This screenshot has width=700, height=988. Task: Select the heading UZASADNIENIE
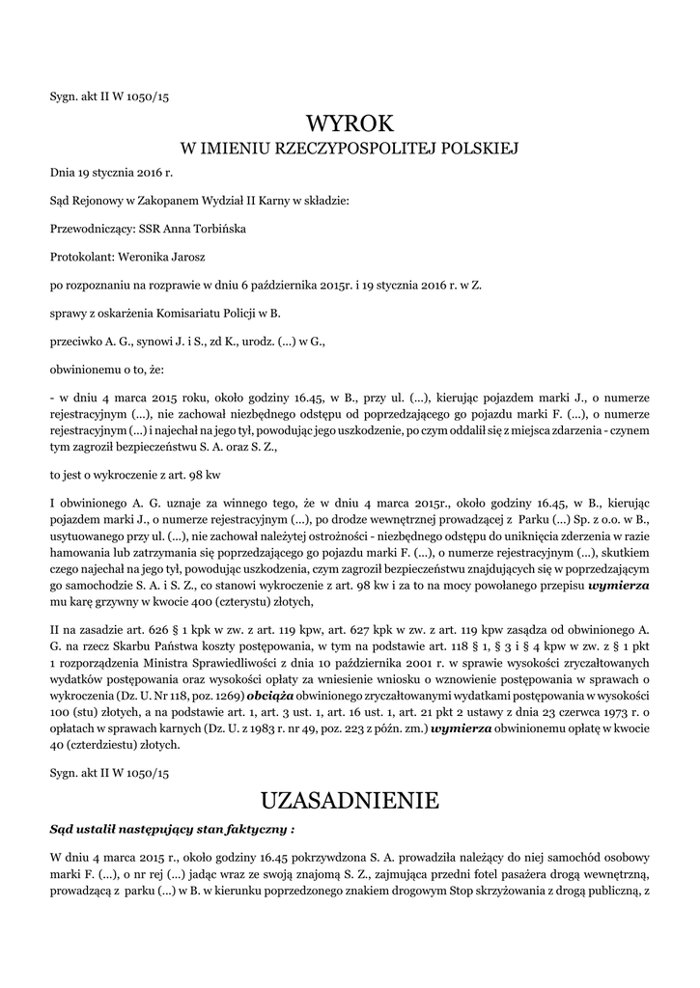(350, 800)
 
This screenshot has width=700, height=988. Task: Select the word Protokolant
(80, 258)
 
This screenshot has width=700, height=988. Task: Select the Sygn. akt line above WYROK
(109, 96)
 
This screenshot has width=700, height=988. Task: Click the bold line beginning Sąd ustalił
(172, 829)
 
